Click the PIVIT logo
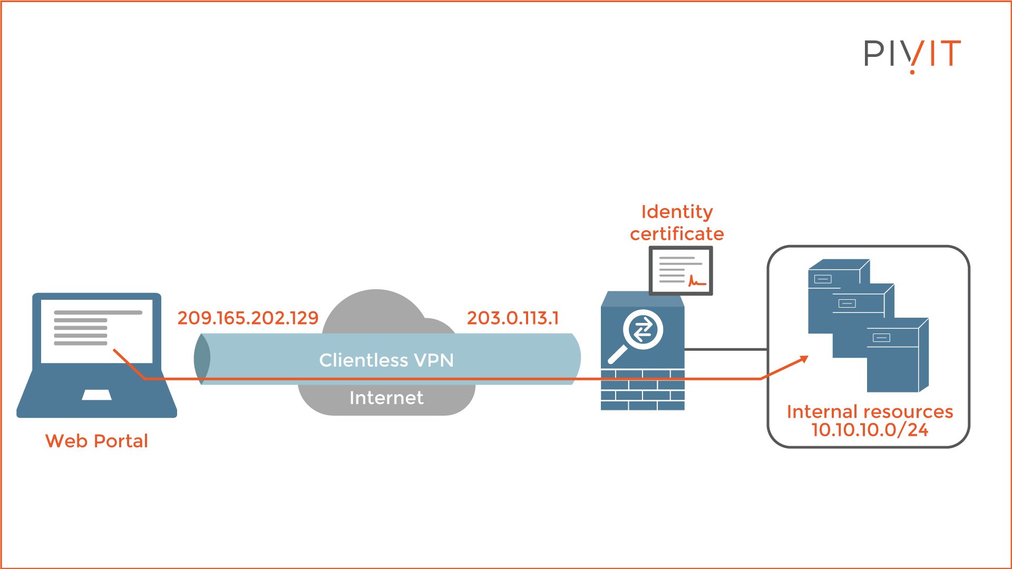[912, 54]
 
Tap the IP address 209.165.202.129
[248, 318]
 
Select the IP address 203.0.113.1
[512, 318]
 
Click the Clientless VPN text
[386, 360]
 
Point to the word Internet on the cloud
[386, 398]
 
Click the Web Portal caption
[96, 441]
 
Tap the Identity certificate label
[677, 222]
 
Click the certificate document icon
[680, 270]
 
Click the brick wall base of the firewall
[643, 390]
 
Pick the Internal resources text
[870, 411]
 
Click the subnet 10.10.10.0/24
[870, 430]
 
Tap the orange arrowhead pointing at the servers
[803, 359]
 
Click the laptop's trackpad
[96, 395]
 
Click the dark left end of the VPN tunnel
[202, 358]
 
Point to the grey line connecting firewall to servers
[726, 349]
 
